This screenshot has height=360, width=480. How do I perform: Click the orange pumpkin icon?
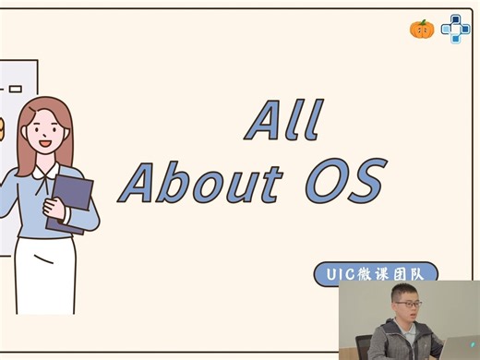click(x=422, y=29)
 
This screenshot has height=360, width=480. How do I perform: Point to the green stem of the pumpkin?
click(x=422, y=20)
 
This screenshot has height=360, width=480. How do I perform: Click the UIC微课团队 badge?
click(x=373, y=274)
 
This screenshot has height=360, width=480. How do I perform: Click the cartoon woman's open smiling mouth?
click(x=44, y=147)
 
